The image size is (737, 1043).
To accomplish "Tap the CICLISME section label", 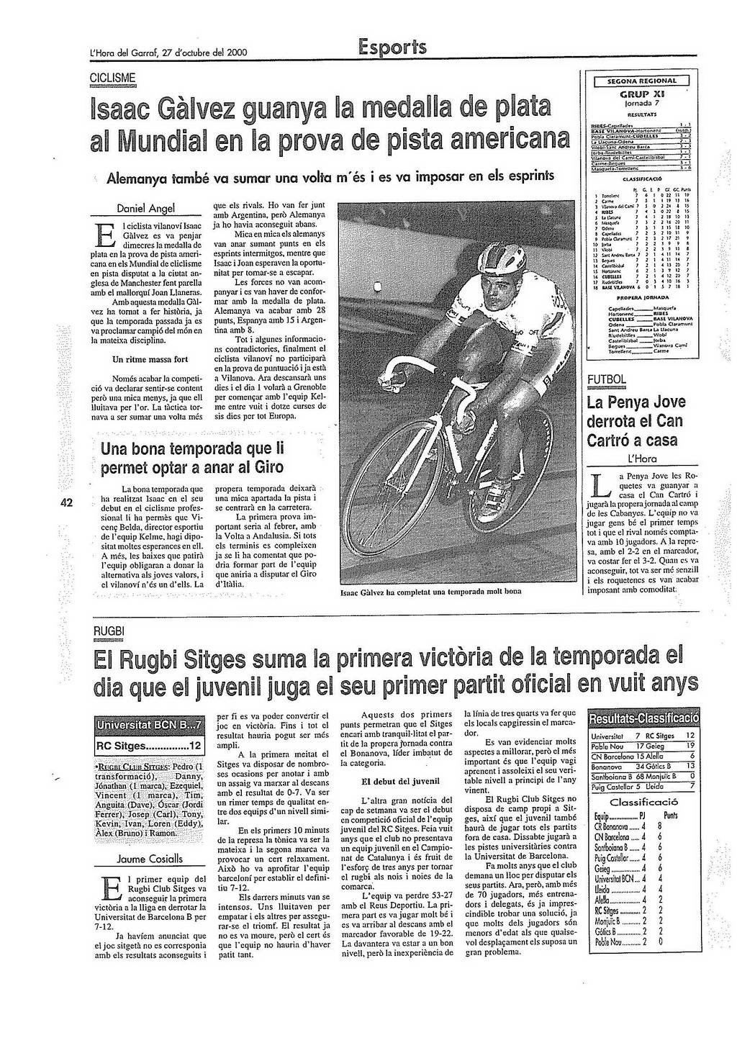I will [112, 78].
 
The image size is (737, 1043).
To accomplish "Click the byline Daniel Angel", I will [146, 208].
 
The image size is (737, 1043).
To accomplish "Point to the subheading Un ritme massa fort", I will [150, 358].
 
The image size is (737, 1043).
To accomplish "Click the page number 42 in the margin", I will [63, 503].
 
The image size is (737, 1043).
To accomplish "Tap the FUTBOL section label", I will [607, 379].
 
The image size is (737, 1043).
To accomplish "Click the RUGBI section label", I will [109, 631].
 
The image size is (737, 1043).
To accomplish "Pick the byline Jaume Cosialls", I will [150, 859].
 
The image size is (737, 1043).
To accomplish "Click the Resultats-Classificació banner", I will [643, 718].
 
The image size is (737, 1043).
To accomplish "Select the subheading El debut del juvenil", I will [396, 781].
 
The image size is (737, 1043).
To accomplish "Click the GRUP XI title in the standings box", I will [643, 94].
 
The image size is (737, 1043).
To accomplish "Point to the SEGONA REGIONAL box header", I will [642, 81].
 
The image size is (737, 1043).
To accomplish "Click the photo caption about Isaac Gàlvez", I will [430, 592].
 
